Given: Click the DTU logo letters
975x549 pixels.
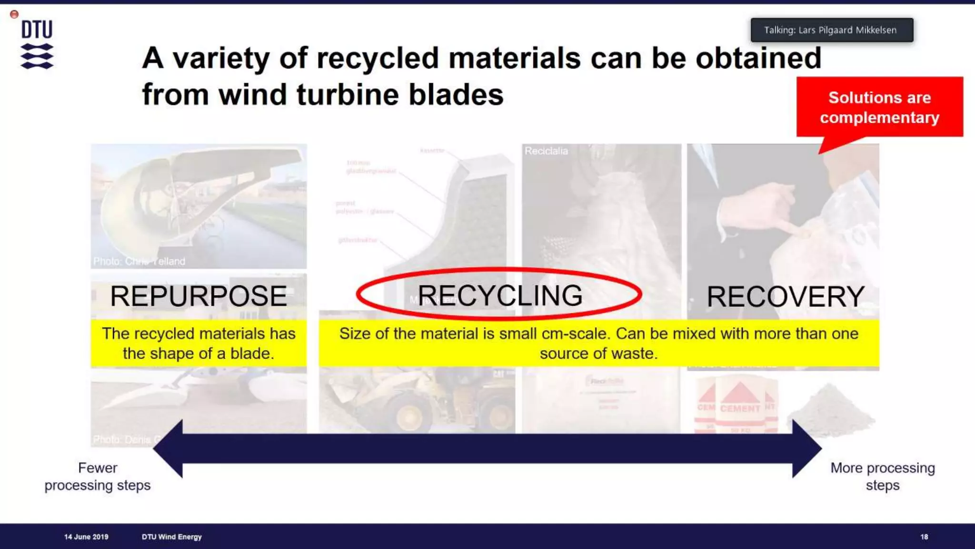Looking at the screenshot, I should click(x=37, y=30).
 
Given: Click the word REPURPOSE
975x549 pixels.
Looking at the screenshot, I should click(x=199, y=296).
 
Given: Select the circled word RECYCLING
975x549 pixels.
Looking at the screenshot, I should click(x=499, y=295).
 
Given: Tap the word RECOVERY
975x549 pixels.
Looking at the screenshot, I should click(x=785, y=296).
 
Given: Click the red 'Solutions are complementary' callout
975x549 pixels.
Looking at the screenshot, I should click(x=879, y=107).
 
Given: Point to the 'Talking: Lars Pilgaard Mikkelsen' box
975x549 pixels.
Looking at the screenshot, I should click(x=831, y=30).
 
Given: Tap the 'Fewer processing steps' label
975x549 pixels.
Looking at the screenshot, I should click(x=98, y=477).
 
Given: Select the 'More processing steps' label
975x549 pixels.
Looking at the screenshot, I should click(x=883, y=477).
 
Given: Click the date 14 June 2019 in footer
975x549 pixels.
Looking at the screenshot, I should click(x=86, y=537).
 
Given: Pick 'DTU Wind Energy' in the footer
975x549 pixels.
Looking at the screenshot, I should click(x=171, y=537).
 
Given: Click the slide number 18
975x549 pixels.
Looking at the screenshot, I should click(x=924, y=537).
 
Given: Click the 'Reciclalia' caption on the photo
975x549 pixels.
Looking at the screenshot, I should click(x=546, y=151).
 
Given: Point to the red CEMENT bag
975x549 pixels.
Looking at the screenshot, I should click(x=739, y=405).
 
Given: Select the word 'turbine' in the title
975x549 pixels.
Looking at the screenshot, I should click(x=348, y=94).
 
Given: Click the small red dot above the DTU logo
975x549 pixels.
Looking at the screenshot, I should click(x=14, y=14).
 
